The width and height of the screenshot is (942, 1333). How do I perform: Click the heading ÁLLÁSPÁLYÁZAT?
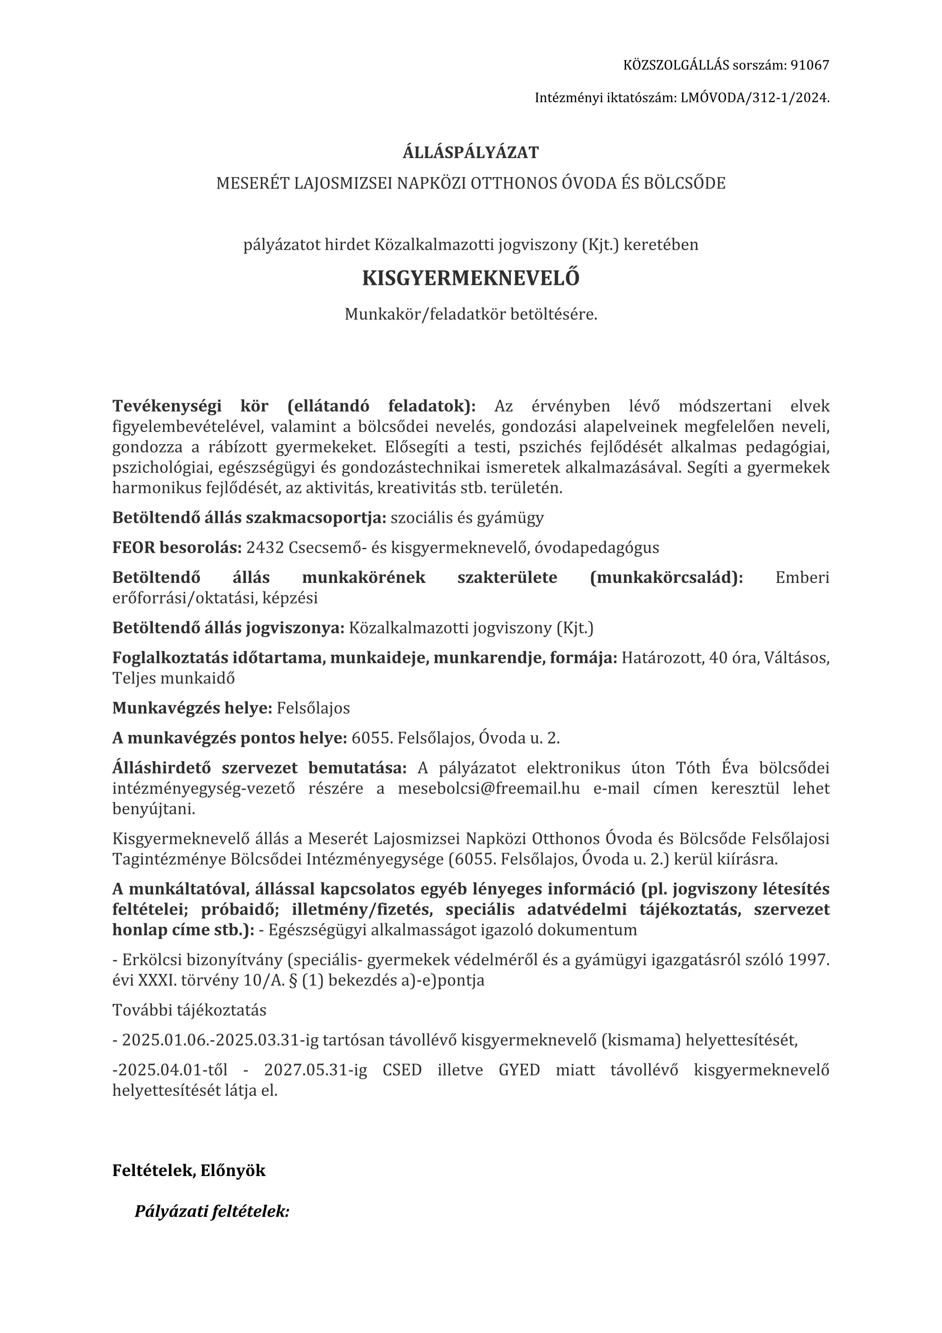[x=471, y=153]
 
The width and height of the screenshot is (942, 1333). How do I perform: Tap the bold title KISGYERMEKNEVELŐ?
[x=471, y=279]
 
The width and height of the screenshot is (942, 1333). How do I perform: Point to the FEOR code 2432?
[x=265, y=548]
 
